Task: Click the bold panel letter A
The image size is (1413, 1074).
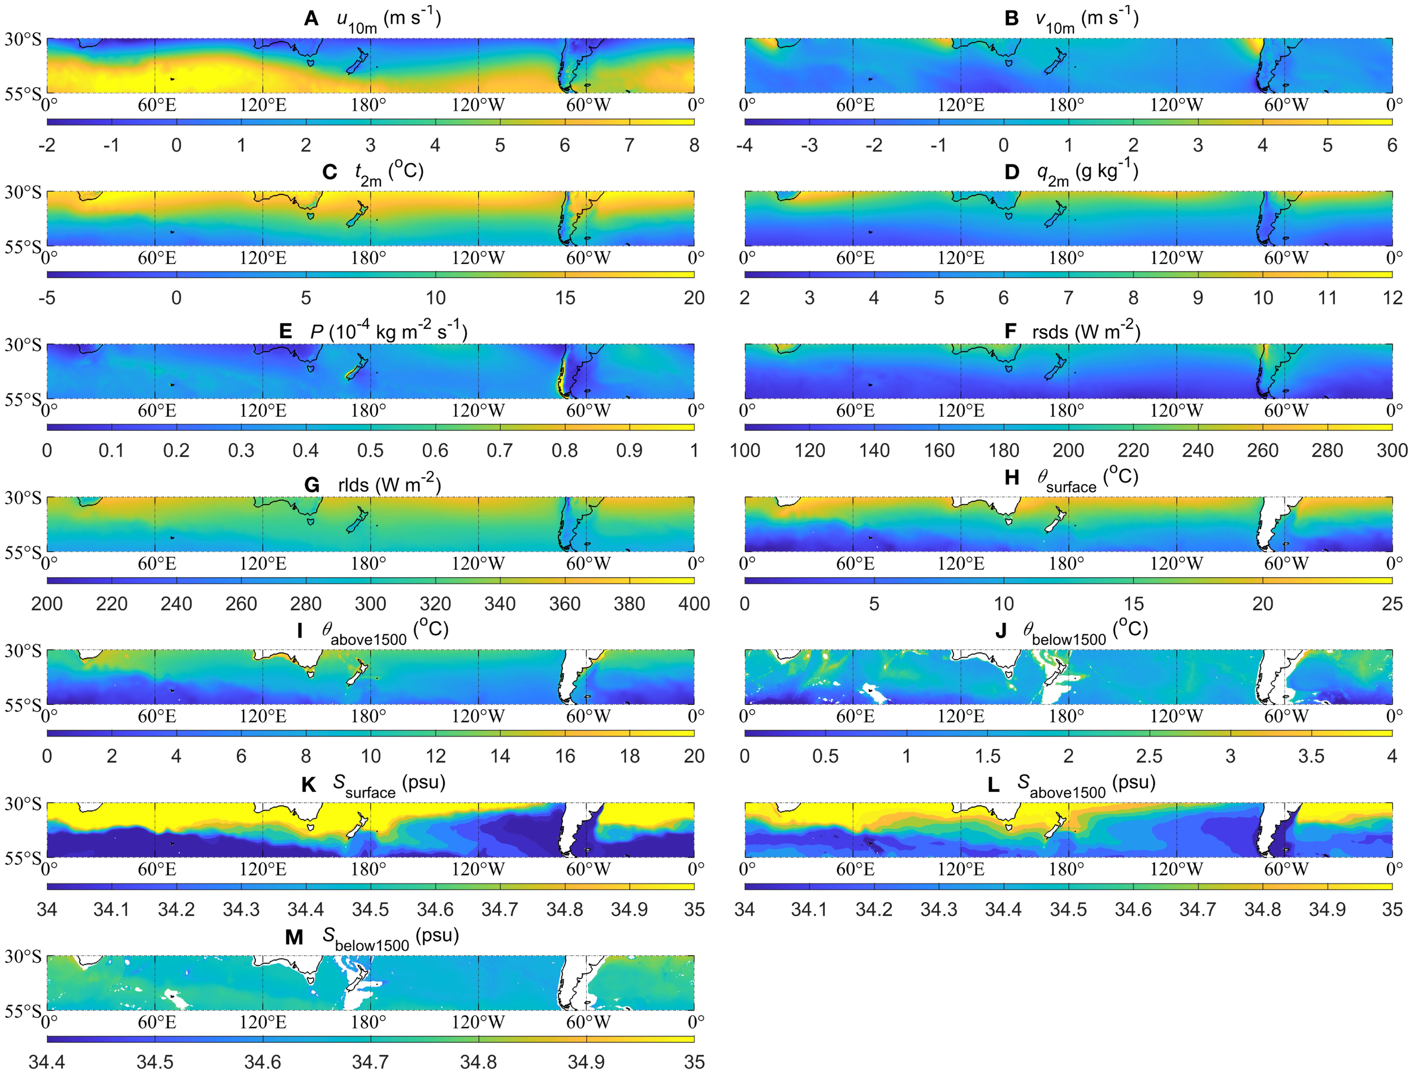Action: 311,19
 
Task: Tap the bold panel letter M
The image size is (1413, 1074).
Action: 294,937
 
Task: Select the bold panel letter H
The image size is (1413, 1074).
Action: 1012,478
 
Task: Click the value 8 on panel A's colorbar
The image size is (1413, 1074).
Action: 694,145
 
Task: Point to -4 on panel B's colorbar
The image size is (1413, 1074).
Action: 744,145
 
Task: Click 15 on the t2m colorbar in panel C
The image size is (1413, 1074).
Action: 565,298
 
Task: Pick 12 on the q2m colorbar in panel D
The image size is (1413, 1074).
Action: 1392,298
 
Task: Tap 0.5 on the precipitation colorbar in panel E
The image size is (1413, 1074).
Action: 370,451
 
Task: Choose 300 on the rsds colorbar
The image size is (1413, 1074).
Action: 1392,451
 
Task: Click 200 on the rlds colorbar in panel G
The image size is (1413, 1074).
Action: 47,604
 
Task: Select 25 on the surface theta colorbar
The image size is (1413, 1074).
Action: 1392,604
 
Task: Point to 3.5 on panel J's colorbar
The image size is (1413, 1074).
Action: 1311,756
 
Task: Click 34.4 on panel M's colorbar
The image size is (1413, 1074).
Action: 47,1062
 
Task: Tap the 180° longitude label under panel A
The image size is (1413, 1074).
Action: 369,105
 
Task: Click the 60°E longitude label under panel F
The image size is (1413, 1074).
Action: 855,410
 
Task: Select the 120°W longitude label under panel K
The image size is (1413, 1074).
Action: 478,869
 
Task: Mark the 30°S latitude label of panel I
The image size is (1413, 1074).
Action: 23,651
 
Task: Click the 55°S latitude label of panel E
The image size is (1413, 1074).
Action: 23,400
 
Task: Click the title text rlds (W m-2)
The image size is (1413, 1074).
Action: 389,485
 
